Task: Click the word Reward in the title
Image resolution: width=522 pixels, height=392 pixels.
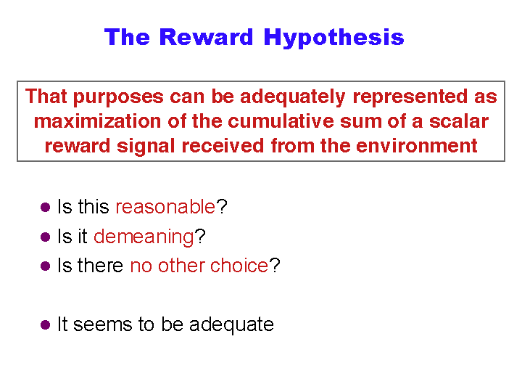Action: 207,37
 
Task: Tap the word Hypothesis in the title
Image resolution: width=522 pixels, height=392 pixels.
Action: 333,38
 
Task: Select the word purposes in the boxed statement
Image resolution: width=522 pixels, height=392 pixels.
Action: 118,97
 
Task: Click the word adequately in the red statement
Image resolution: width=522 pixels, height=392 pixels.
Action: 293,97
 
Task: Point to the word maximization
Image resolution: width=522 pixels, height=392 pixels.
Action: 98,121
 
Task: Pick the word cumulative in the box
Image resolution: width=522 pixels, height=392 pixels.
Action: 281,121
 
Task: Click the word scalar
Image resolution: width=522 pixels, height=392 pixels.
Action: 459,121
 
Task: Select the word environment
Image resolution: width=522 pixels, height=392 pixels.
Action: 417,146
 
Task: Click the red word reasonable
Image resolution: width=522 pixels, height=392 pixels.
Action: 165,207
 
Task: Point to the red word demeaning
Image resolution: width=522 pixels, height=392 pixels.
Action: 144,237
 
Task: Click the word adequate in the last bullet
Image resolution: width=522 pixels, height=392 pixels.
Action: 231,324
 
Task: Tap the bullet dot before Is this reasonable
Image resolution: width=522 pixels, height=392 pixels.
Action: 45,208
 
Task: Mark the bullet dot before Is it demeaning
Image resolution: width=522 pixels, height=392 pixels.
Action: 45,237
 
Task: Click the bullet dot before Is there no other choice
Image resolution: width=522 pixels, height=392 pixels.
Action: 45,266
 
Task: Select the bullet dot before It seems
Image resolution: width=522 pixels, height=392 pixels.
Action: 45,325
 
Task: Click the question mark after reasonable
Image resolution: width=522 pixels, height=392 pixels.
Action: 222,207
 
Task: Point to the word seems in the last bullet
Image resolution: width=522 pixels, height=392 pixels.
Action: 102,325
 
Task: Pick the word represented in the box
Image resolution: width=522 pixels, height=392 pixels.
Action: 410,97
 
